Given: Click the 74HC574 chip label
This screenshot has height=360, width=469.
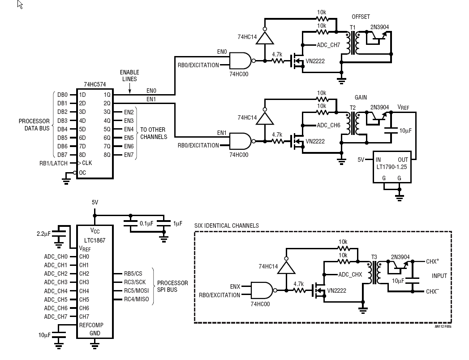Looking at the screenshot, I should [94, 84].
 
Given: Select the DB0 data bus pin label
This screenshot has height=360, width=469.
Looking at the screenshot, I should [62, 95].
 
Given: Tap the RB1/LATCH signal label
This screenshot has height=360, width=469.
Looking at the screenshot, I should [53, 164].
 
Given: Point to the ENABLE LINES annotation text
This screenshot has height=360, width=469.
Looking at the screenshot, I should [129, 75].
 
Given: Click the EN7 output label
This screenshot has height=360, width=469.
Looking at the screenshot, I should [129, 155].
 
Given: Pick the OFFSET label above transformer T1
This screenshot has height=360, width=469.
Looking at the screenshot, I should [361, 17].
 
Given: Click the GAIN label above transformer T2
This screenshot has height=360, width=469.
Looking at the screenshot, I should [361, 97].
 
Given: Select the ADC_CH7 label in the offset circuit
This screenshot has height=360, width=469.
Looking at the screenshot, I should [328, 45].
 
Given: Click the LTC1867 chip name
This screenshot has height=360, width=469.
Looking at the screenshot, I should [94, 240].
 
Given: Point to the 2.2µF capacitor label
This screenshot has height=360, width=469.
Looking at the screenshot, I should [44, 234].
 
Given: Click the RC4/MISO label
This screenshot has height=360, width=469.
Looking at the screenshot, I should [137, 299].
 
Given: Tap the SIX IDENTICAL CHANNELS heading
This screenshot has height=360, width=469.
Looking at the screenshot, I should [226, 226].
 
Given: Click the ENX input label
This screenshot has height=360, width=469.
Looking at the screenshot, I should [235, 286].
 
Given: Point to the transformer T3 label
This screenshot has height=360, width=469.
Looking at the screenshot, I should [374, 257].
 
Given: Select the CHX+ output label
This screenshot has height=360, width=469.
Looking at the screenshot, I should [433, 261].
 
